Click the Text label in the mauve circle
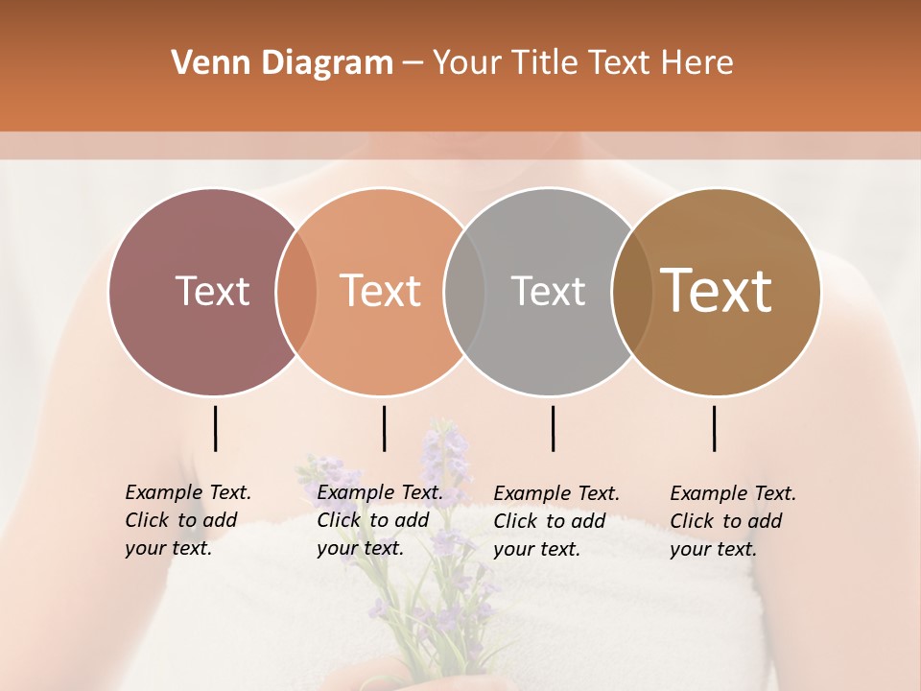click(212, 291)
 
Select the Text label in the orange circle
click(380, 291)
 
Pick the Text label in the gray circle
click(548, 291)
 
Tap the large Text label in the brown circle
click(716, 291)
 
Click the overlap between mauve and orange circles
click(296, 291)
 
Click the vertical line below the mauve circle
click(216, 428)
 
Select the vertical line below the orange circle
click(384, 428)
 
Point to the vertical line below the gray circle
click(553, 428)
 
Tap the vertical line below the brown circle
click(715, 428)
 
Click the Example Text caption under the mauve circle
click(187, 520)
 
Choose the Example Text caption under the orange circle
click(379, 520)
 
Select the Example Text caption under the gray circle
click(555, 521)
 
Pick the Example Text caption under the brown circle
click(732, 521)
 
